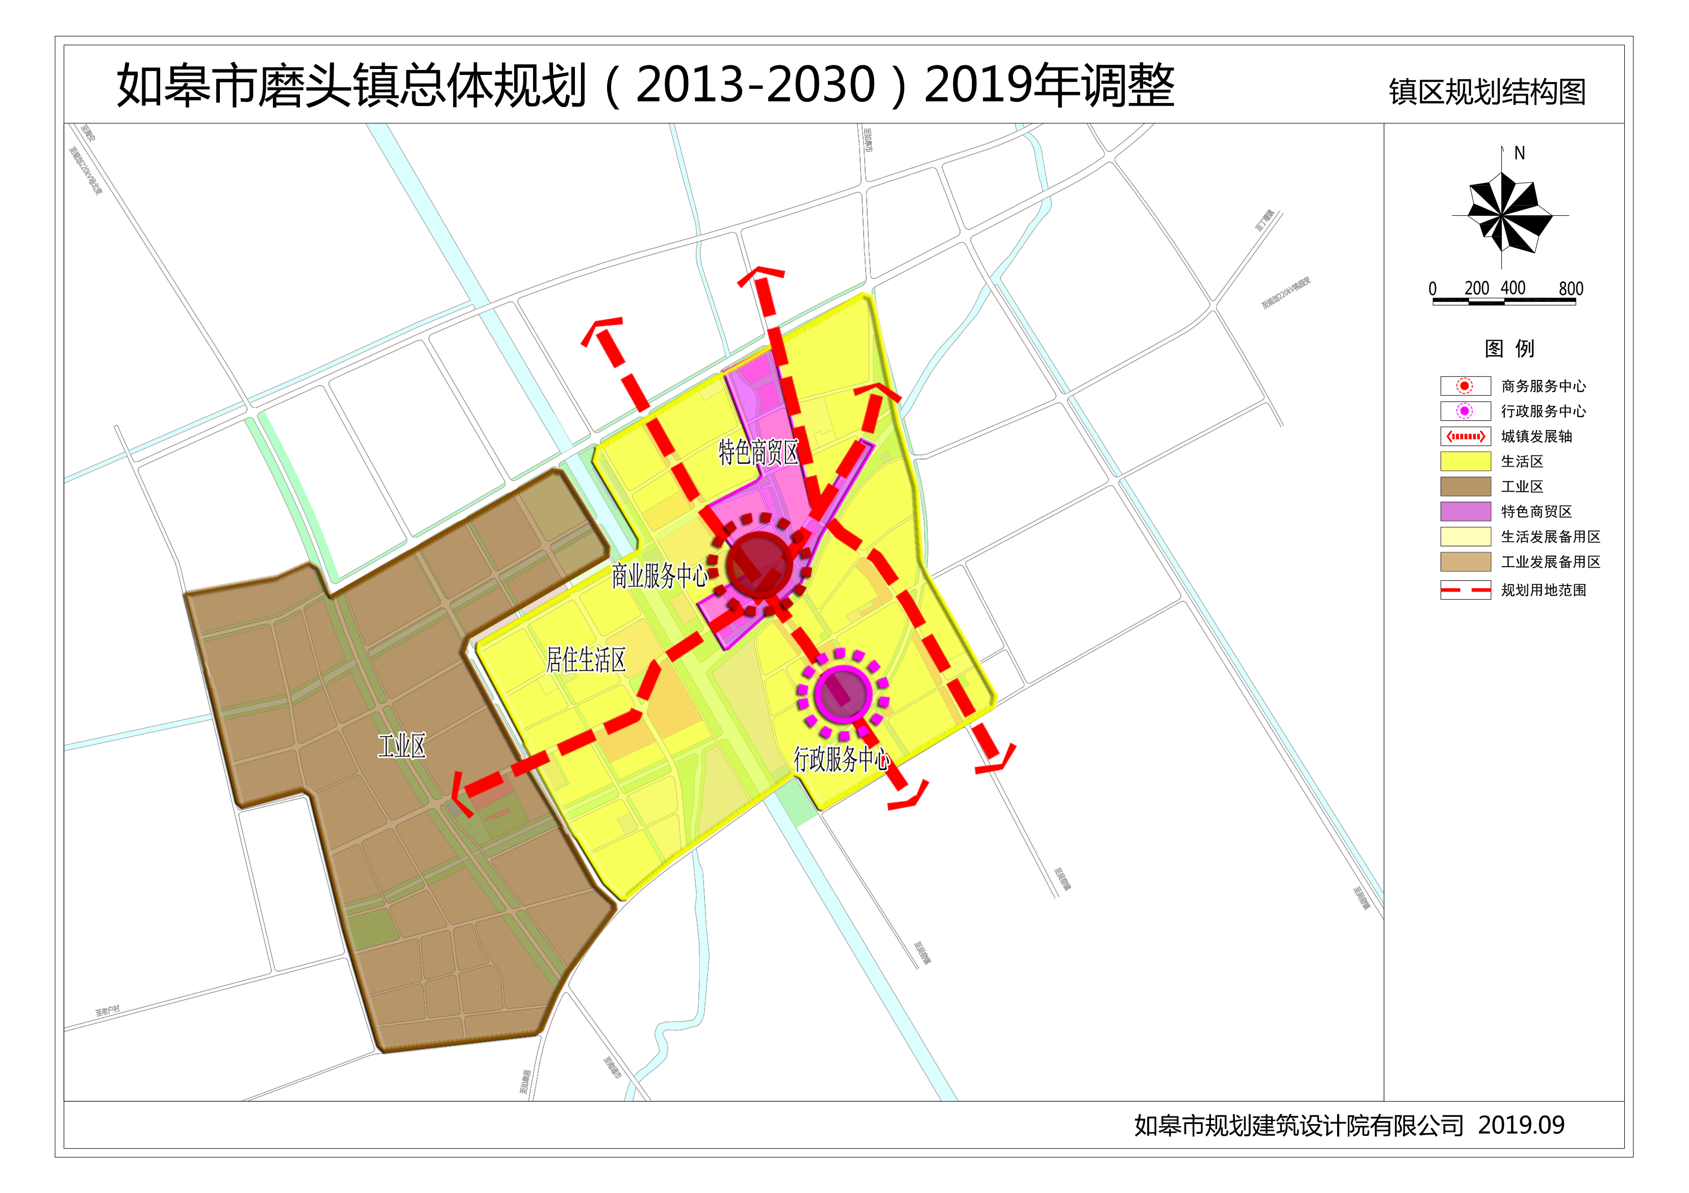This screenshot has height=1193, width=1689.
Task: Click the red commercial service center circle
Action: tap(759, 565)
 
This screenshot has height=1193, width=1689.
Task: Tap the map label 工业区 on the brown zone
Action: tap(401, 747)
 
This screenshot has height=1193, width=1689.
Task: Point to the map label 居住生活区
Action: tap(586, 660)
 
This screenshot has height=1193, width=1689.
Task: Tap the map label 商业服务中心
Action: tap(659, 575)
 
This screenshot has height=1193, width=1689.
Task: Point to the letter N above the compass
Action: tap(1519, 154)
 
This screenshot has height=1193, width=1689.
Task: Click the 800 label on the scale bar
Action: tap(1571, 288)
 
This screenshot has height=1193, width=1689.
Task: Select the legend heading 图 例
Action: tap(1509, 348)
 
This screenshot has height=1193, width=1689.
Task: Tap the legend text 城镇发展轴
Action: tap(1536, 436)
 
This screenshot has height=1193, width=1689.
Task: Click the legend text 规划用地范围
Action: tap(1543, 590)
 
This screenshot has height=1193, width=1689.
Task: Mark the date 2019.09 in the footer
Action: tap(1521, 1125)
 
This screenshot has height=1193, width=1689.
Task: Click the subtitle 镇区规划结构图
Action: tap(1486, 92)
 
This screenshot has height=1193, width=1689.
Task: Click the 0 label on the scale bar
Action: tap(1432, 288)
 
